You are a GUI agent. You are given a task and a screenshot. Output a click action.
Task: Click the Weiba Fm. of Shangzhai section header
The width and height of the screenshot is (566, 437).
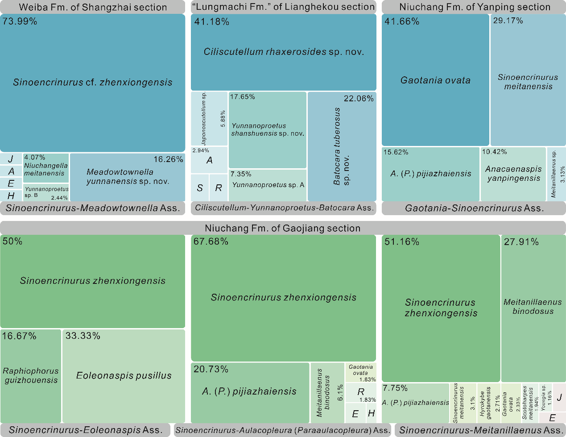pos(93,7)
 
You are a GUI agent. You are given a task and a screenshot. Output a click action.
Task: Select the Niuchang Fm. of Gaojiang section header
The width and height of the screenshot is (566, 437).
pos(283,228)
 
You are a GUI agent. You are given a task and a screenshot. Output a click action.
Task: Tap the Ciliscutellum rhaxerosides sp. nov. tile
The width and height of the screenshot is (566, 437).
pos(284,52)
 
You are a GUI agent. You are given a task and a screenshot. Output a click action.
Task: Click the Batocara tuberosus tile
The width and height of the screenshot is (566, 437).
pos(342,146)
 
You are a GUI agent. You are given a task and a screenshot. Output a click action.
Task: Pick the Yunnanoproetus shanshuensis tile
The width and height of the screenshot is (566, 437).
pos(268,129)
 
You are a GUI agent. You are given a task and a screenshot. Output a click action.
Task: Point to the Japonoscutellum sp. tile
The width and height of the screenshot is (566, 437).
pos(209,118)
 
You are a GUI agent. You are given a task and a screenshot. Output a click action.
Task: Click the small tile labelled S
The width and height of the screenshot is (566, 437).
pos(200,188)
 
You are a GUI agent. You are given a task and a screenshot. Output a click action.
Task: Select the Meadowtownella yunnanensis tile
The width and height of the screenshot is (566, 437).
pos(128,177)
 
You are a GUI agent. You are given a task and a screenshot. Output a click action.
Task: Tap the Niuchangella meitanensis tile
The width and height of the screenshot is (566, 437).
pos(46,168)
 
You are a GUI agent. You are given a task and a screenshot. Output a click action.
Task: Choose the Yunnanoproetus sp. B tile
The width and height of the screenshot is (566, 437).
pos(46,192)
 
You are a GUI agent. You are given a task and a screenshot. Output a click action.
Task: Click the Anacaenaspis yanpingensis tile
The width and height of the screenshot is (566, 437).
pos(513,174)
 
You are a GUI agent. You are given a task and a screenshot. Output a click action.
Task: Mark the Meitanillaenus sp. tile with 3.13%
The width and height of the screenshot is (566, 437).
pos(556,174)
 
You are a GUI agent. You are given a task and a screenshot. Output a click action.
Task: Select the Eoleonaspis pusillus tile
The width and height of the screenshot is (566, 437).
pos(124,376)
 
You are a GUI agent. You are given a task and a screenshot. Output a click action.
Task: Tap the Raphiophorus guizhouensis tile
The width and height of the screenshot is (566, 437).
pos(31,376)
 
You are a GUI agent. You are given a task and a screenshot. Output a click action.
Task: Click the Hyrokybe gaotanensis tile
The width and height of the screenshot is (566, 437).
pos(488,403)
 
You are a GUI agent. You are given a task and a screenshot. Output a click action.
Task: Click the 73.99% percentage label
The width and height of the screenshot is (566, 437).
pos(20,21)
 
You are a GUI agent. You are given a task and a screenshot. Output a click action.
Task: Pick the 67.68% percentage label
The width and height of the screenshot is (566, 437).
pos(211,241)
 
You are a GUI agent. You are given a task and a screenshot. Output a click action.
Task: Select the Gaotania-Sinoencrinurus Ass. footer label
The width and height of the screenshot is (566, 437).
pos(474,208)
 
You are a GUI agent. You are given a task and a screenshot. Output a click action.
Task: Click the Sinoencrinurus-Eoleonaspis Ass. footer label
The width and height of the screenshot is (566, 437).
pos(85,430)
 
